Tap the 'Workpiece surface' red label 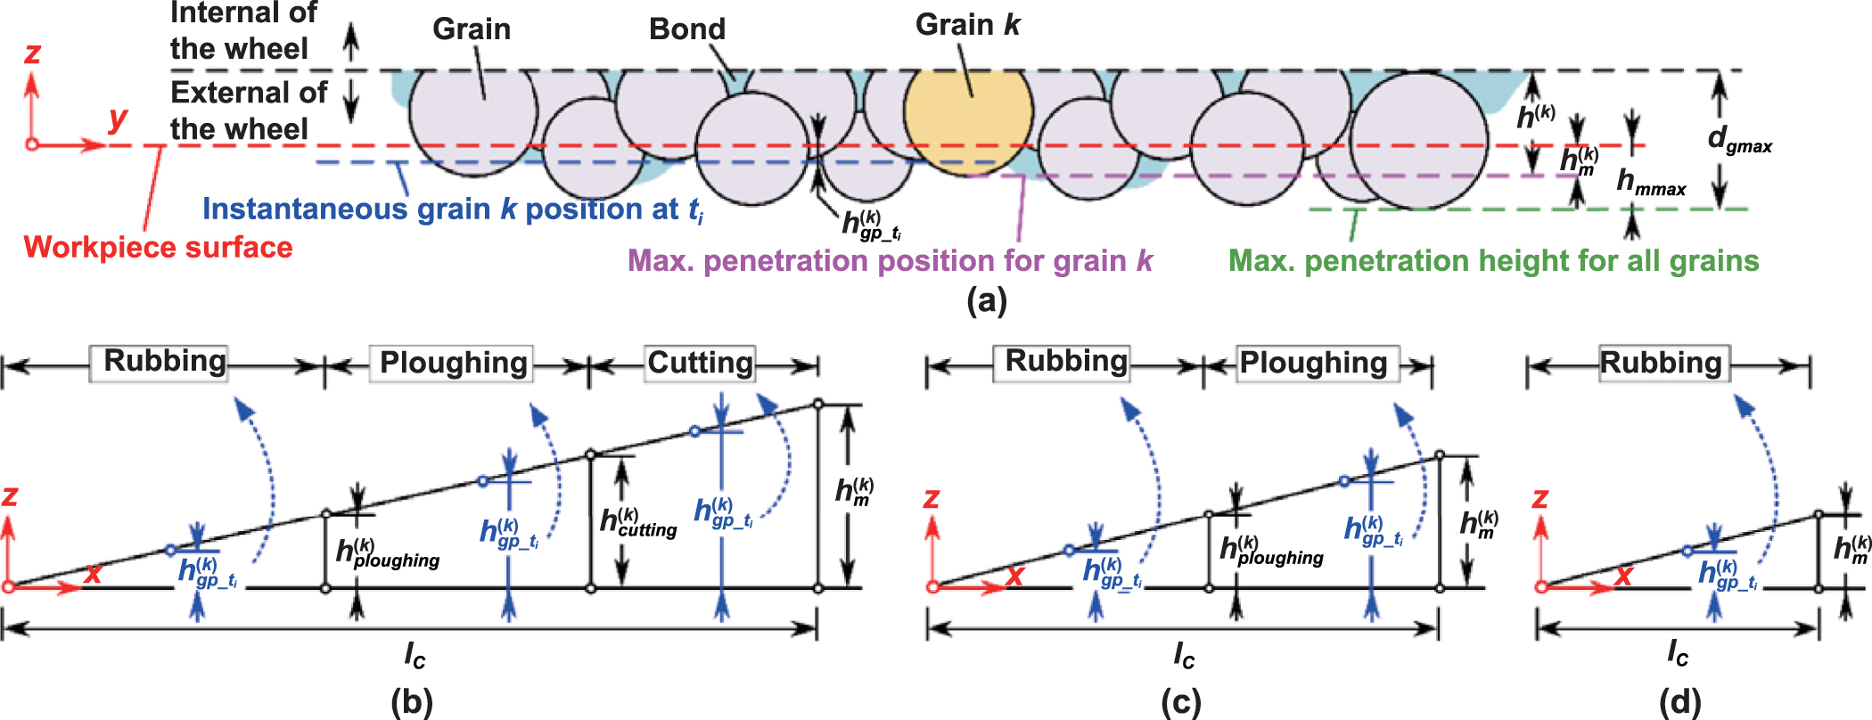point(158,247)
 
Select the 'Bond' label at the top point(686,29)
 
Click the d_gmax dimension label point(1739,140)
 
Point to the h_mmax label point(1650,183)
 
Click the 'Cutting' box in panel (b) point(701,364)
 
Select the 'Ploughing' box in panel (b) point(452,364)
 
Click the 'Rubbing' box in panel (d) point(1662,364)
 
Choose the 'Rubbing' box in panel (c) point(1066,362)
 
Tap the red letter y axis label point(118,118)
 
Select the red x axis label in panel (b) point(93,572)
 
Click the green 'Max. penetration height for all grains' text point(1493,261)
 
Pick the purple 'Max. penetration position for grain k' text point(890,261)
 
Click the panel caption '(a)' point(986,300)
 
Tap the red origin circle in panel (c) point(932,586)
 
